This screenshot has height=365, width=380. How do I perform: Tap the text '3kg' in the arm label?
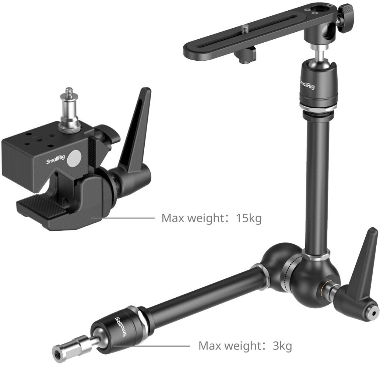(x=282, y=345)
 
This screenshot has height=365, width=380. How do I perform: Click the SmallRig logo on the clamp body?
(x=56, y=159)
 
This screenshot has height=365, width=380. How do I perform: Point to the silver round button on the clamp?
(x=75, y=159)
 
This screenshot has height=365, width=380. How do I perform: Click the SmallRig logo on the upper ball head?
(x=307, y=84)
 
